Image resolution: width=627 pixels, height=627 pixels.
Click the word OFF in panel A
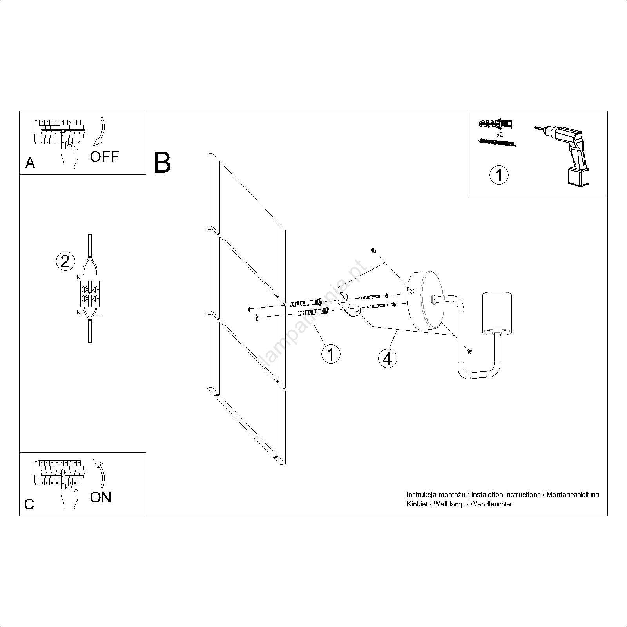[x=104, y=157]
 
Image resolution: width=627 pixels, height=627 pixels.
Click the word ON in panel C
[x=101, y=497]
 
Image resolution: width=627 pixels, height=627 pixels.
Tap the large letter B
[x=162, y=163]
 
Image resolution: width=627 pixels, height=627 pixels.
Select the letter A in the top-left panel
[x=30, y=163]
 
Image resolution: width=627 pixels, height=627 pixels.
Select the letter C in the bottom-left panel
[x=29, y=504]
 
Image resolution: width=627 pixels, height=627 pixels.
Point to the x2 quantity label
[x=500, y=134]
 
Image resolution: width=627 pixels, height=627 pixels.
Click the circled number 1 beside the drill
[x=499, y=175]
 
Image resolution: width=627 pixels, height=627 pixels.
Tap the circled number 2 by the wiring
[x=65, y=261]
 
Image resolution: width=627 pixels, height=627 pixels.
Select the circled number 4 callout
[x=388, y=358]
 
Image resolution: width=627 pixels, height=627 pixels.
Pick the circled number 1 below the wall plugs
[x=331, y=354]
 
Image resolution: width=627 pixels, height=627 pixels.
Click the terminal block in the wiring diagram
[x=90, y=294]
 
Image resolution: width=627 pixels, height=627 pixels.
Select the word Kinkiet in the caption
[x=417, y=504]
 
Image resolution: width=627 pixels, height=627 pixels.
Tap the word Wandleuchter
[x=491, y=504]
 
